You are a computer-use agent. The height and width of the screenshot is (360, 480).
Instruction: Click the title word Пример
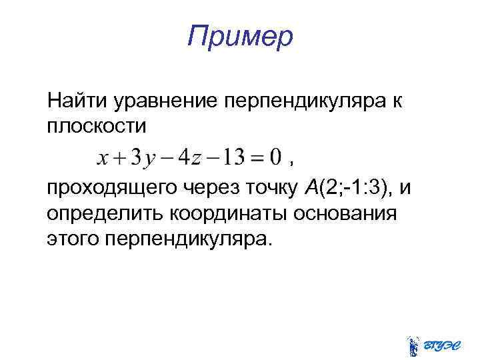[x=240, y=36]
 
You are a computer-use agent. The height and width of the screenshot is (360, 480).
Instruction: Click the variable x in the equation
[x=103, y=159]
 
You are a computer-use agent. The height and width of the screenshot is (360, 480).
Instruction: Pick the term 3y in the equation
[x=143, y=159]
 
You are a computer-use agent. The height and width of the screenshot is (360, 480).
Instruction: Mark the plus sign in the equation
[x=119, y=159]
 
